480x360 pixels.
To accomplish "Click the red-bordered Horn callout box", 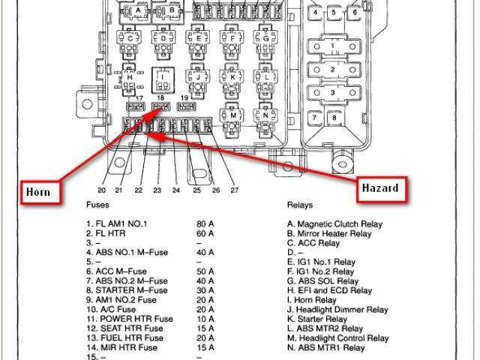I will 37,192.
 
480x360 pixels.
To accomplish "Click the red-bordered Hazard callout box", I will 380,187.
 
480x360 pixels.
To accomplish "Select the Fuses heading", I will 97,205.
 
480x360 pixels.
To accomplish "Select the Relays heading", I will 300,205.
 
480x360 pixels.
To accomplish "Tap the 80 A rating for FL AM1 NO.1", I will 205,224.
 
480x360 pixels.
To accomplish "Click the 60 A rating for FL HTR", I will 205,233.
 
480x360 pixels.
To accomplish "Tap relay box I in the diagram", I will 162,77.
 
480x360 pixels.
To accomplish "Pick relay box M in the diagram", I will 234,116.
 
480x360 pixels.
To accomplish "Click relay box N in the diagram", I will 265,116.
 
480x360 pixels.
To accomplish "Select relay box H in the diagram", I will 130,78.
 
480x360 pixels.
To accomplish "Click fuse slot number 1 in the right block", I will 333,46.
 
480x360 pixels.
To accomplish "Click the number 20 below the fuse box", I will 101,190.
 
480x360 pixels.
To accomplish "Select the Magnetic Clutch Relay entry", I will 334,224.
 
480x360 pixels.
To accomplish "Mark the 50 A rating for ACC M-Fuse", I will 205,271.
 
